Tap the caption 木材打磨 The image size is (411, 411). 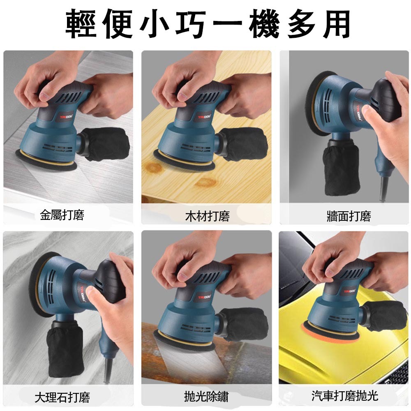[207, 215]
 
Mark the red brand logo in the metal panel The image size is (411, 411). [66, 117]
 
